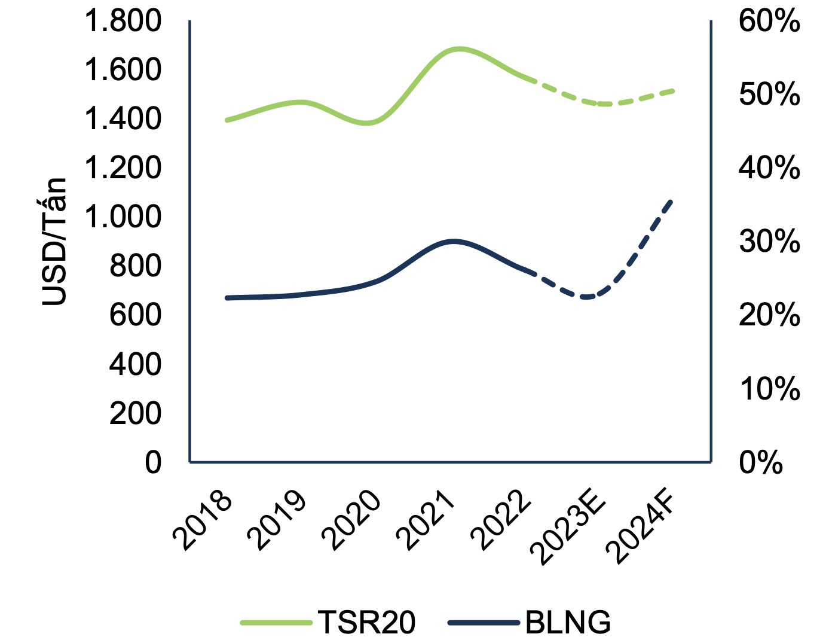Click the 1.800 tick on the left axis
point(123,22)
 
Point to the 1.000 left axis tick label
point(123,217)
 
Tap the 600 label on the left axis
point(135,315)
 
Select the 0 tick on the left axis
point(153,462)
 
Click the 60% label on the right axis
point(769,22)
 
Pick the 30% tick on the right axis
point(769,242)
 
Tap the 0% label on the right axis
point(761,462)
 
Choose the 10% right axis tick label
point(769,389)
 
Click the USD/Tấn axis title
point(54,242)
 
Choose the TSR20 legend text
point(366,623)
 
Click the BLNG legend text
point(568,623)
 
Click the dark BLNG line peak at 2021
point(454,241)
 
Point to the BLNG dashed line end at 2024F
point(672,200)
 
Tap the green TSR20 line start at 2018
point(227,120)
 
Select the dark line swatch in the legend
point(483,623)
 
